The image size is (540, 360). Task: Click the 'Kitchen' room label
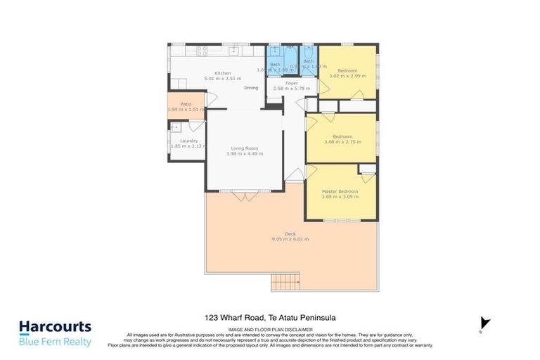tap(223, 73)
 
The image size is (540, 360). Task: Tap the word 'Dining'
tap(251, 88)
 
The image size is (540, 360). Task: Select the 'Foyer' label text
tap(291, 83)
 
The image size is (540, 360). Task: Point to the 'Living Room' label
tap(246, 148)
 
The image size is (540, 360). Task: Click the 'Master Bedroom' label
tap(340, 191)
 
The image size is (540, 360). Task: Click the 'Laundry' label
tap(188, 141)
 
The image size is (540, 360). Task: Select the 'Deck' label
tap(290, 233)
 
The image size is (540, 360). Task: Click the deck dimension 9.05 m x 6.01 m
tap(290, 239)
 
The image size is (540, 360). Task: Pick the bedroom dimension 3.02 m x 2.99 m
tap(347, 76)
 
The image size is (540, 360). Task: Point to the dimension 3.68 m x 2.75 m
tap(342, 141)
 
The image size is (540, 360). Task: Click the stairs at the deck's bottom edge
tap(287, 282)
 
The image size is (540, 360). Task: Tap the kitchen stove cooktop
tap(202, 51)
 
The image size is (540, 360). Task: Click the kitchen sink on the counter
tap(233, 51)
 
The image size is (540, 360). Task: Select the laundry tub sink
tap(176, 128)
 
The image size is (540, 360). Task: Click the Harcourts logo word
tap(55, 327)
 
